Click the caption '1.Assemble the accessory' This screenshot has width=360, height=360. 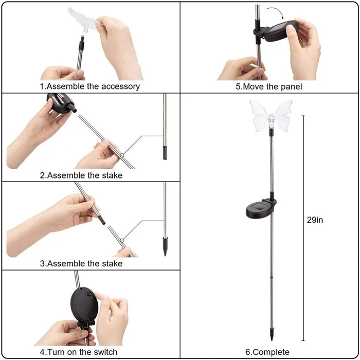tap(90, 86)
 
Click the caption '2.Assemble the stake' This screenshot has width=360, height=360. tap(81, 175)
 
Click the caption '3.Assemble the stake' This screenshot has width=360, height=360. tap(81, 264)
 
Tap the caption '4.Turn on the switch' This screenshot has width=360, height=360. tap(79, 352)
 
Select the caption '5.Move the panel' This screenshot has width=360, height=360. tap(269, 86)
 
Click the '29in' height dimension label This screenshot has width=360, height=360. tap(315, 220)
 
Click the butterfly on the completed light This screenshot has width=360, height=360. tap(270, 116)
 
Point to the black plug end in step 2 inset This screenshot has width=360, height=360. tap(165, 153)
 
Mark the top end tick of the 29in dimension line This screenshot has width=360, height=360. tap(303, 116)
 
